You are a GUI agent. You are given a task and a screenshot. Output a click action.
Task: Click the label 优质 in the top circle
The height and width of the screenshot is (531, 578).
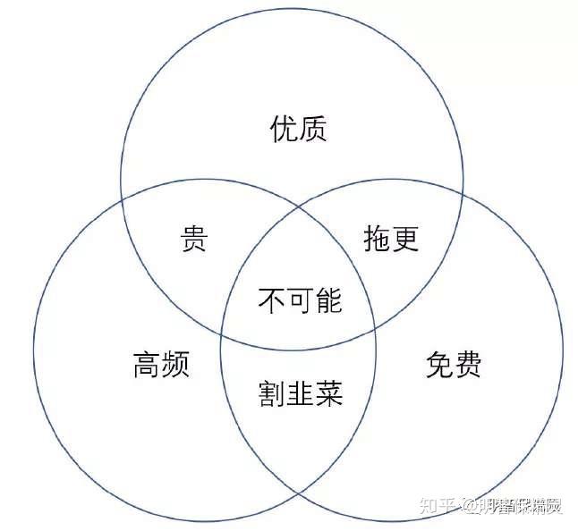[x=299, y=130]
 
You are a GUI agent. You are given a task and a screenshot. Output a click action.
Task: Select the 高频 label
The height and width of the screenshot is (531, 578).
[x=161, y=365]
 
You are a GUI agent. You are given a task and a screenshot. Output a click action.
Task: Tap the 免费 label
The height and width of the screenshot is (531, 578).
[x=452, y=365]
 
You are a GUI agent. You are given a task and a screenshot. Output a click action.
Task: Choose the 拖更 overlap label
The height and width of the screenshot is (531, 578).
[x=391, y=239]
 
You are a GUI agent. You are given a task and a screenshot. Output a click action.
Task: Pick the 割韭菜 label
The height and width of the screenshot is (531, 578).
[x=301, y=393]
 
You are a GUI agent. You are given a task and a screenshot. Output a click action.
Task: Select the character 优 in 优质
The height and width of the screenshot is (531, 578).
[x=284, y=130]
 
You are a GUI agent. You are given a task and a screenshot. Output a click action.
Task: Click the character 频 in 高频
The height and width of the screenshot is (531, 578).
[x=176, y=365]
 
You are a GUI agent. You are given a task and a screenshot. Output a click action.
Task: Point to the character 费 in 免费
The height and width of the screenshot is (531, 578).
[x=467, y=365]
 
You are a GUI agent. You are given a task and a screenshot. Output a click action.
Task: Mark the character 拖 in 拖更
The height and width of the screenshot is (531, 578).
[x=377, y=239]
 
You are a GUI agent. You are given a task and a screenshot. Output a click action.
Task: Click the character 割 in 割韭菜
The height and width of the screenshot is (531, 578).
[x=273, y=393]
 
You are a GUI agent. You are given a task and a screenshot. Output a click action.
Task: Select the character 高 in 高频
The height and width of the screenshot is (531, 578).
[x=147, y=365]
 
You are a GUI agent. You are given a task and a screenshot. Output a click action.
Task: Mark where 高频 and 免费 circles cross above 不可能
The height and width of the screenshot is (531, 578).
[x=299, y=205]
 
